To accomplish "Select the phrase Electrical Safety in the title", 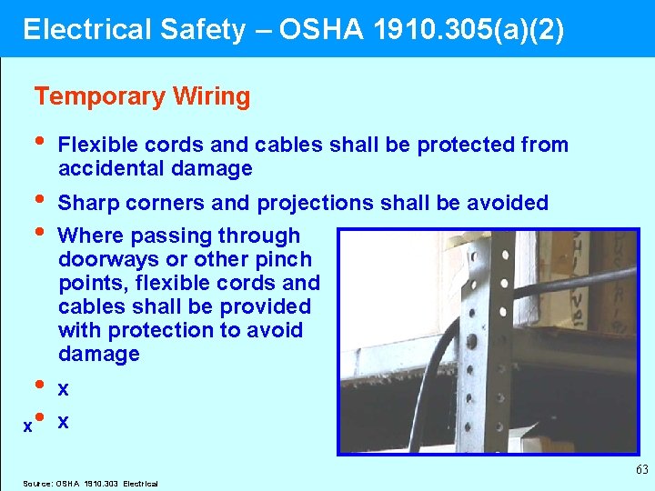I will point(134,30).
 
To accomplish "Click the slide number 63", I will point(641,469).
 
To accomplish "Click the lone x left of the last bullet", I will point(27,425).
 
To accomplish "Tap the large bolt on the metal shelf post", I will point(470,342).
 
